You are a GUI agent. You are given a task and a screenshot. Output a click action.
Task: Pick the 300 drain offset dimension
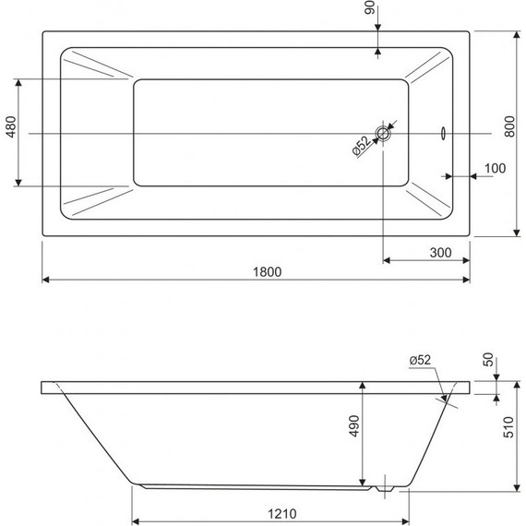coord(440,252)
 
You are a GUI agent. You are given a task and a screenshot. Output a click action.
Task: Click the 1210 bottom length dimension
coord(267,507)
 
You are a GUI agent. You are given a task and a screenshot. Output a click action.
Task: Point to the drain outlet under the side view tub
coord(385,486)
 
